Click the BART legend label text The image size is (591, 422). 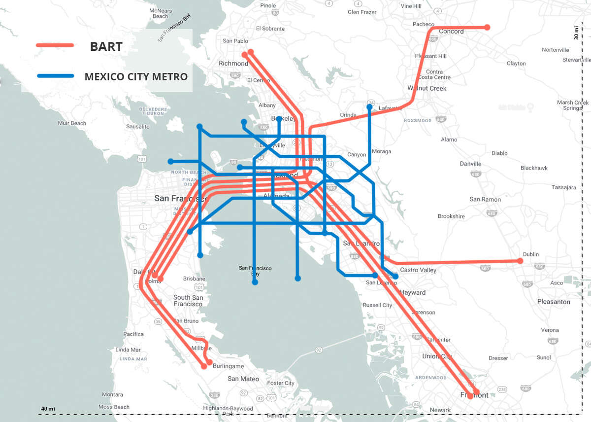106,47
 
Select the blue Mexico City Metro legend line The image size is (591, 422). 55,76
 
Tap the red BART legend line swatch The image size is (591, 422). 55,45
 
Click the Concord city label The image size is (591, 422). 451,32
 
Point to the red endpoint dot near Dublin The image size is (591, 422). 520,261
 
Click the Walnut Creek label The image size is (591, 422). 427,88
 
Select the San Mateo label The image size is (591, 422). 243,379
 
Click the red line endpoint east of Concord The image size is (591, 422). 487,27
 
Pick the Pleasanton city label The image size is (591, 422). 554,302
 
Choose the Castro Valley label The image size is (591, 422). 418,270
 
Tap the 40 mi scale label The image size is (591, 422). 48,409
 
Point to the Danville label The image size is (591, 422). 470,164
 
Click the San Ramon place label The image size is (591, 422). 485,199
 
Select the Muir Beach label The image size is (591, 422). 72,123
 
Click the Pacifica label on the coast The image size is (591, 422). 133,334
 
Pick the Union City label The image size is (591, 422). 437,356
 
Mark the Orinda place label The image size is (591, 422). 348,115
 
